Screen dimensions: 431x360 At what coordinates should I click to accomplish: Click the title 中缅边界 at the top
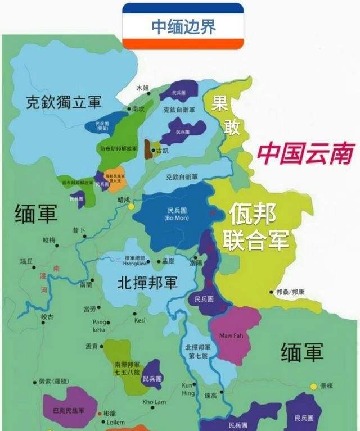(183, 26)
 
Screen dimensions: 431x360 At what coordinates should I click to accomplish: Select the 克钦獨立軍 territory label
(64, 102)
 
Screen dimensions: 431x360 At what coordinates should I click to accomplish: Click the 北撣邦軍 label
(147, 283)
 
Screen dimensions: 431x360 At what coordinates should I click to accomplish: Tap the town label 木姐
(143, 88)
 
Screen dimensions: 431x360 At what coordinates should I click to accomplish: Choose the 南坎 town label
(138, 109)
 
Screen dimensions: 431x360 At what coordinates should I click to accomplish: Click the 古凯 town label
(162, 151)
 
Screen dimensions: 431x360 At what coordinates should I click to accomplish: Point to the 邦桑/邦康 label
(292, 293)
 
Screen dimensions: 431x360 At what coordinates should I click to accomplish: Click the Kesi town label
(140, 320)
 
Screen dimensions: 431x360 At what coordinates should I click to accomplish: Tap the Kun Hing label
(187, 389)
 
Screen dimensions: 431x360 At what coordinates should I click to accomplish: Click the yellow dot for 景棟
(313, 386)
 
